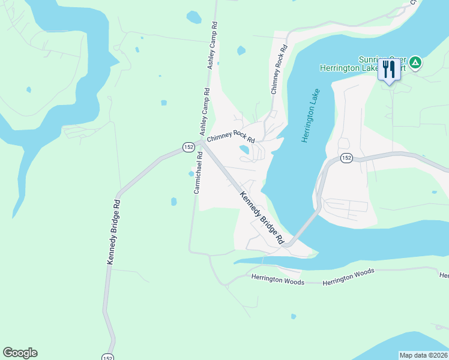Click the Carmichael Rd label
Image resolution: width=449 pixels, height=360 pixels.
[x=197, y=172]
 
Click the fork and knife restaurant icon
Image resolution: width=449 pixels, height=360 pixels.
[x=388, y=70]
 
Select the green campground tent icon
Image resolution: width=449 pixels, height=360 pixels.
[x=415, y=62]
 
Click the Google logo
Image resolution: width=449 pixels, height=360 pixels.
[x=20, y=353]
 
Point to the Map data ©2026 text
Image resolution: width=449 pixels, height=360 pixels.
[x=423, y=355]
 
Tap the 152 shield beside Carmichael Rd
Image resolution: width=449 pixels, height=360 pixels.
[x=187, y=146]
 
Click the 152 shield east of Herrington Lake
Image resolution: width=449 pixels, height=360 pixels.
[x=346, y=157]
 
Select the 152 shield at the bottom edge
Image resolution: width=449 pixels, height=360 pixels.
[x=107, y=356]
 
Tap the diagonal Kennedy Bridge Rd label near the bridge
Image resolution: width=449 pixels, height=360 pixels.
[x=261, y=217]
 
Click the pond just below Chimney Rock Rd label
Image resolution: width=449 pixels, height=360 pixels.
[x=244, y=149]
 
